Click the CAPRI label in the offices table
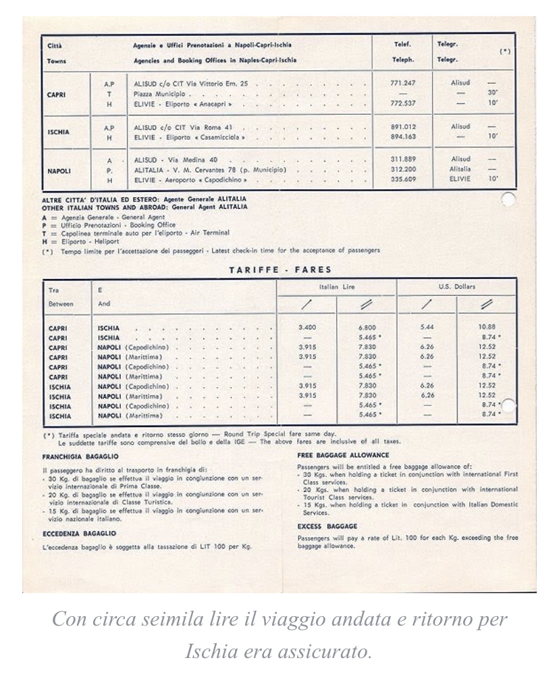[x=56, y=95]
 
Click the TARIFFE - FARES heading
[x=280, y=270]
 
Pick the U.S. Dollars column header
[x=457, y=286]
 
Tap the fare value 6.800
[x=368, y=328]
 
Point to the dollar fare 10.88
[x=487, y=328]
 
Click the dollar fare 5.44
[x=427, y=328]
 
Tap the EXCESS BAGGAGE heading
[x=327, y=526]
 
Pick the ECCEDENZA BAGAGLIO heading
[x=79, y=533]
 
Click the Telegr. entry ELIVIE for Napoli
[x=459, y=180]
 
